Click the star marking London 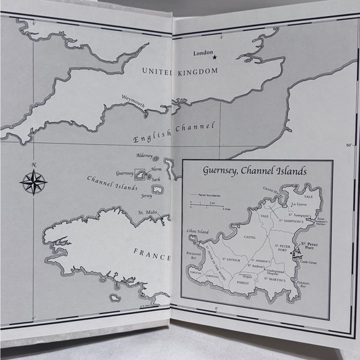(x=215, y=58)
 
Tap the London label (x=204, y=53)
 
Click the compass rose (x=34, y=182)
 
